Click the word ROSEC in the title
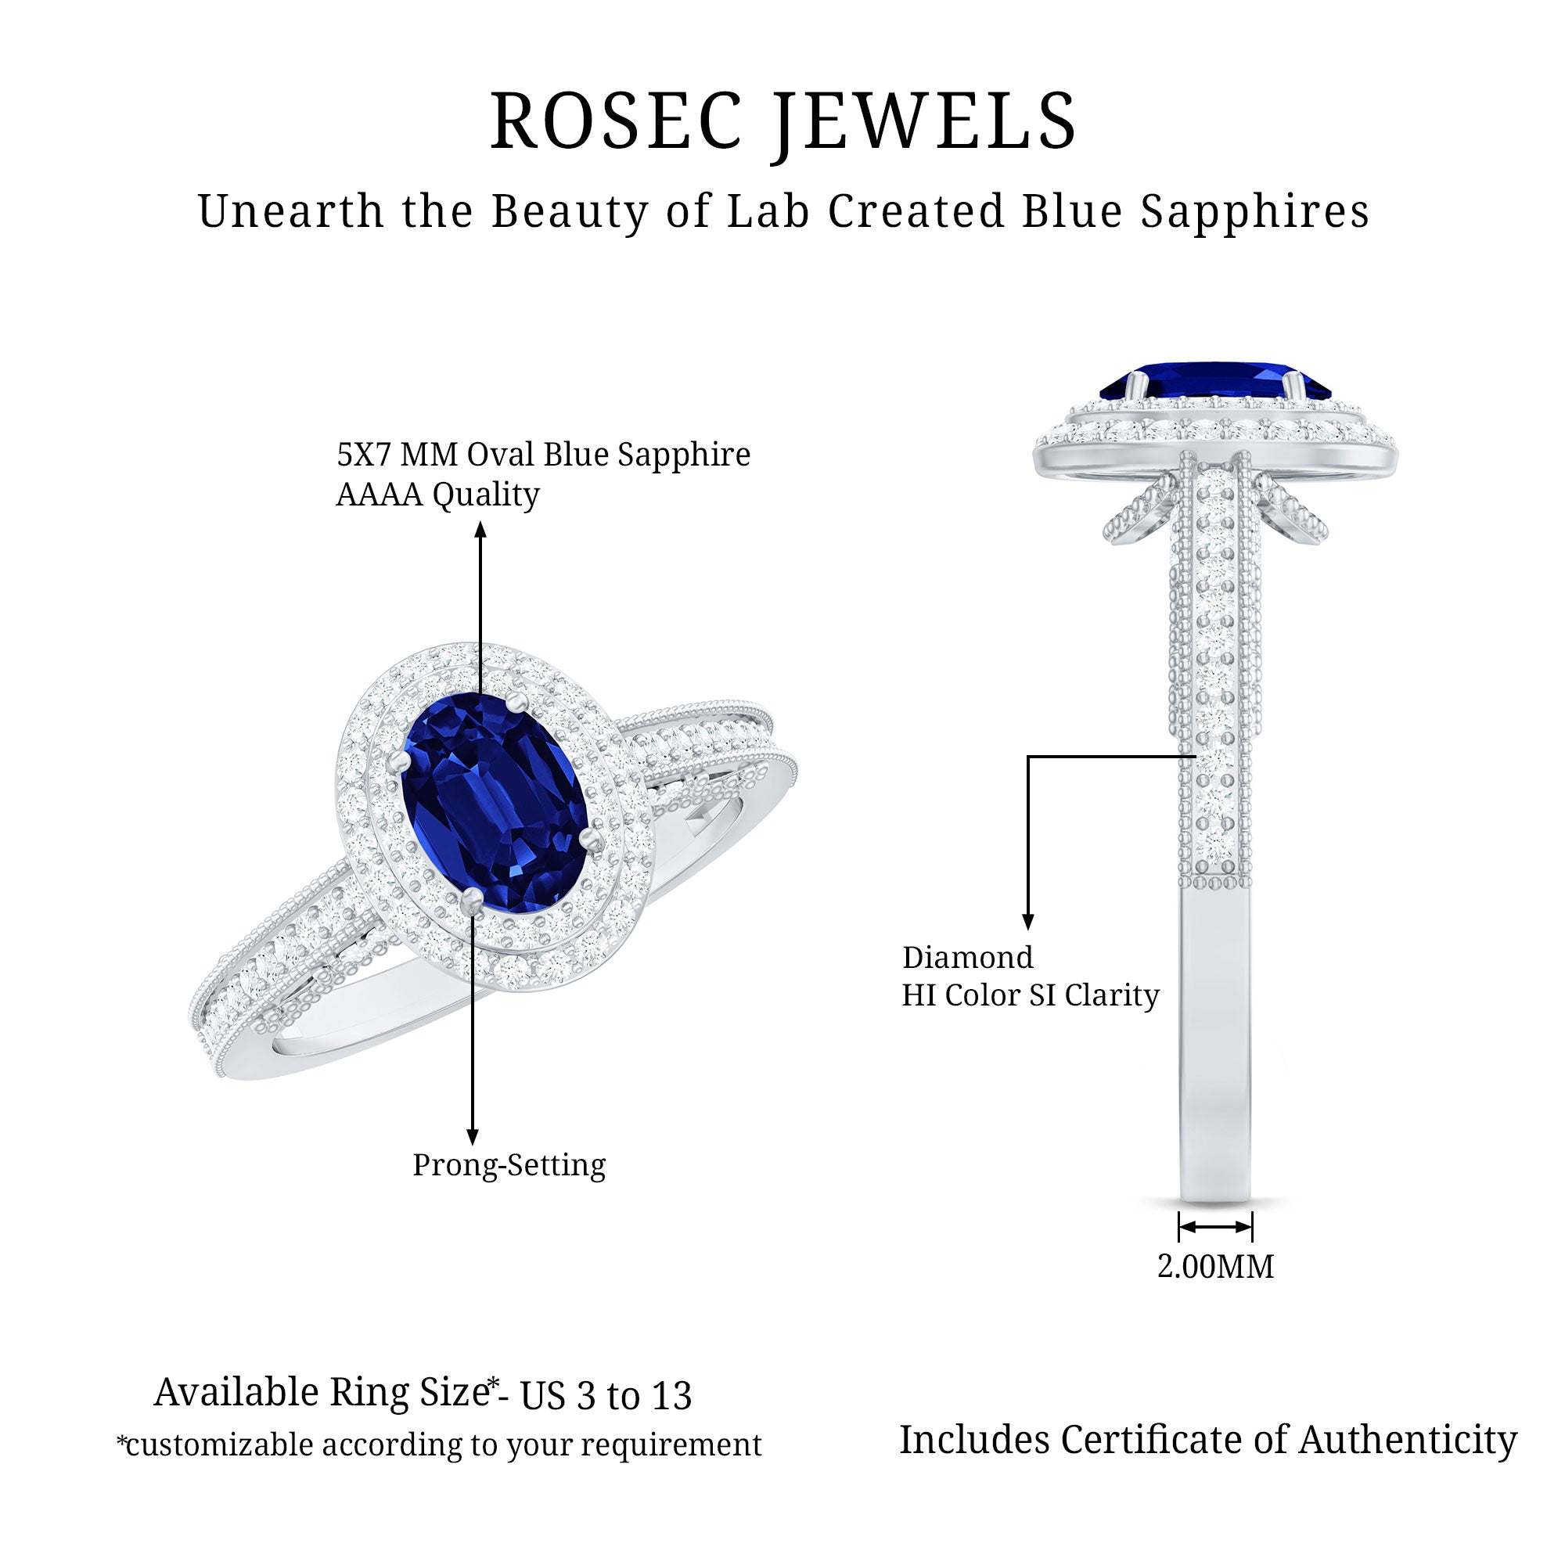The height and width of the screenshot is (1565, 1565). (x=616, y=121)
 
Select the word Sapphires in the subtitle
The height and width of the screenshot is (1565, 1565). (x=1256, y=213)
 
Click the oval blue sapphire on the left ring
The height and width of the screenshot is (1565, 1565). (x=494, y=802)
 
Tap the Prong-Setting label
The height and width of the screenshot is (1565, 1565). (x=509, y=1165)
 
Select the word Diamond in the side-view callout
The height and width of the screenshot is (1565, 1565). (x=968, y=958)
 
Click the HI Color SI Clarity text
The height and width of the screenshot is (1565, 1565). (x=1031, y=995)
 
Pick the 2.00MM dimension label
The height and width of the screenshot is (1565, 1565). (x=1215, y=1266)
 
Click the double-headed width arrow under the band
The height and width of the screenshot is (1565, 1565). (x=1215, y=1227)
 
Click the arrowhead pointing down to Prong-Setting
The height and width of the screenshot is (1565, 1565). (x=473, y=1136)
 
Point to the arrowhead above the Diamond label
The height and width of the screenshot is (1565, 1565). (x=1028, y=921)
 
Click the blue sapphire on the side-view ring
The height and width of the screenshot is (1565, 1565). (x=1215, y=381)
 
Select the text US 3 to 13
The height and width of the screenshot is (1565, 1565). (x=606, y=1396)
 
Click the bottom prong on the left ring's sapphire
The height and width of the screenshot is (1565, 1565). (x=471, y=900)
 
